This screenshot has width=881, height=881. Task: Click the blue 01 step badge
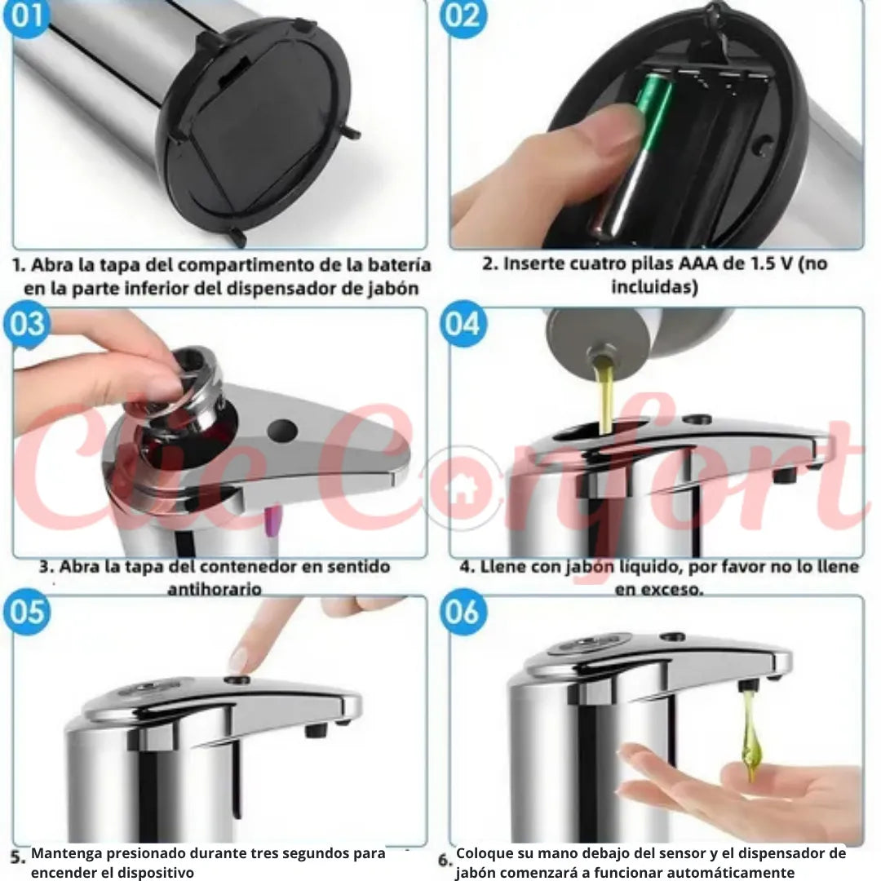(x=25, y=15)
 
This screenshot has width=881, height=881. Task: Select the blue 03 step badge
(x=26, y=324)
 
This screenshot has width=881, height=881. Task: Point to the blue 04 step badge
(x=463, y=324)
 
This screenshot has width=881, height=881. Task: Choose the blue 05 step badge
(x=26, y=612)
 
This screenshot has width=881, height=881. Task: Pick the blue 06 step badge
(x=463, y=612)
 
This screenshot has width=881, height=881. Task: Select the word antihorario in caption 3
(x=215, y=589)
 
